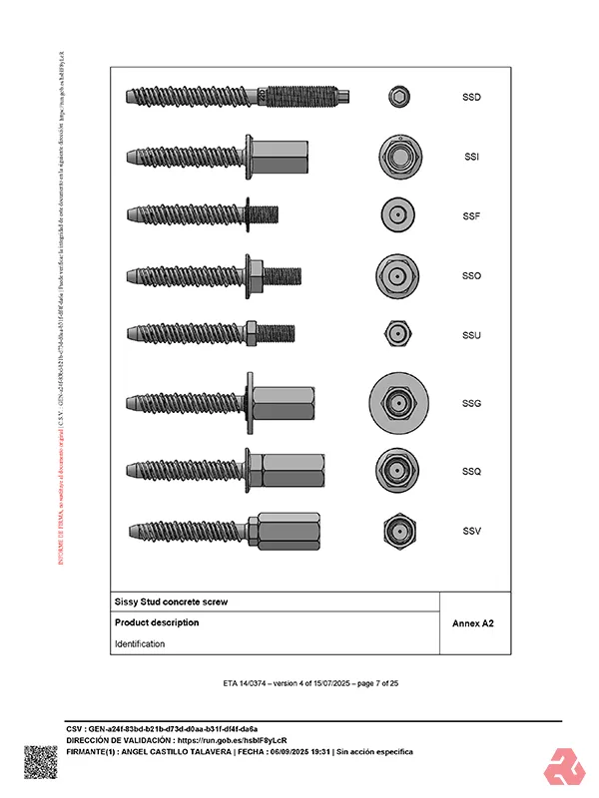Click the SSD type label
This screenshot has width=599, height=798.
[471, 97]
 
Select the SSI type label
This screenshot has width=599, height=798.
[471, 157]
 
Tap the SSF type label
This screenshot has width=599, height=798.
[471, 215]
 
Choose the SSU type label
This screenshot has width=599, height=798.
[471, 334]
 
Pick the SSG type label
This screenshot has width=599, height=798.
[471, 403]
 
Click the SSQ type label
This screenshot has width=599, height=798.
[471, 471]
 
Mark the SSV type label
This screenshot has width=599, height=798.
[471, 531]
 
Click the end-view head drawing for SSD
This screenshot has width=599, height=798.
[398, 97]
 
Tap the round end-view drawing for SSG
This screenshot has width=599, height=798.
[397, 403]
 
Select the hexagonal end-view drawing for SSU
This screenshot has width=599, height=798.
[397, 333]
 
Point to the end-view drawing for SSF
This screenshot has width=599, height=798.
[397, 214]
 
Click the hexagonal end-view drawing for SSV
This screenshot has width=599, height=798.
[397, 531]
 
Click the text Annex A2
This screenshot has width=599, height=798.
[473, 623]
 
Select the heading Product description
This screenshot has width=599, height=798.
[157, 622]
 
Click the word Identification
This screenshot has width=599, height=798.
[140, 644]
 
